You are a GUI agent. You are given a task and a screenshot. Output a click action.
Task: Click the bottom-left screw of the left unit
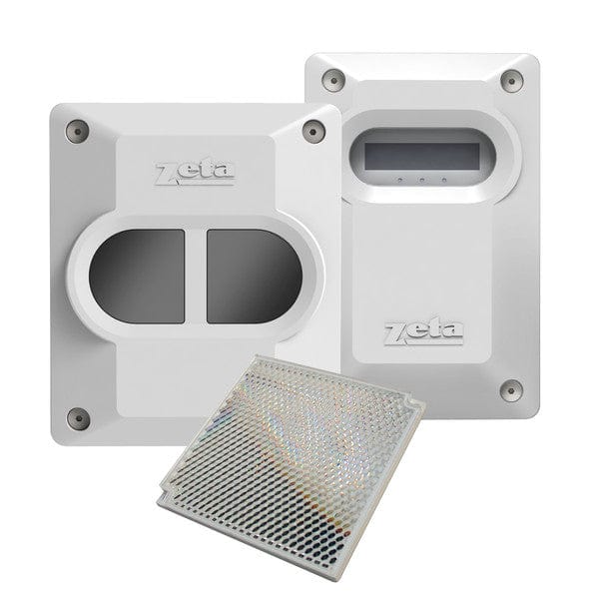(x=71, y=414)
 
